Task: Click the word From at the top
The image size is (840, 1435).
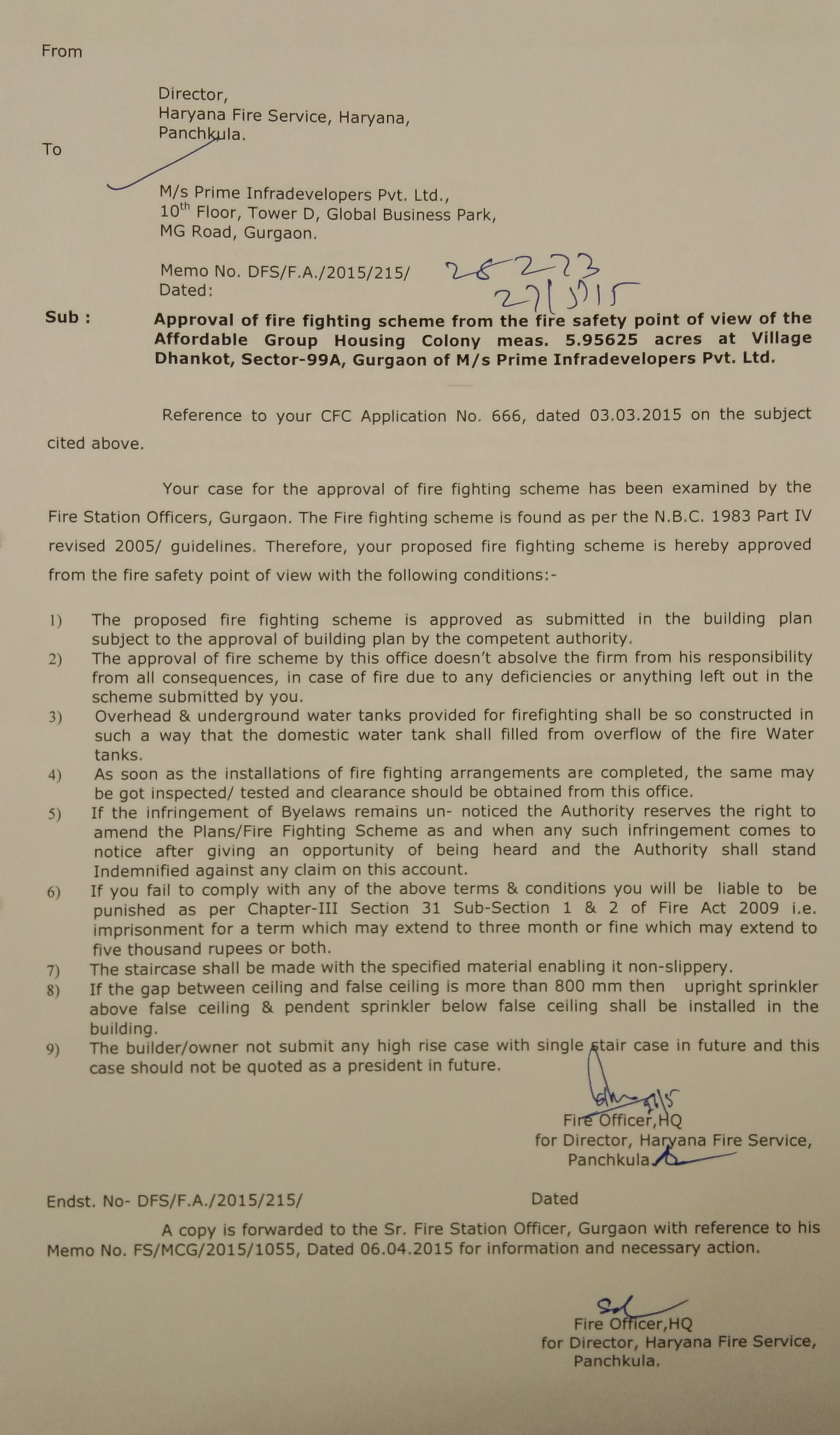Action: click(x=61, y=51)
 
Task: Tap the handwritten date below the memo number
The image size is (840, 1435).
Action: click(x=564, y=295)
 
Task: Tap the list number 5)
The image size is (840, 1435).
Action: click(x=54, y=814)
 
